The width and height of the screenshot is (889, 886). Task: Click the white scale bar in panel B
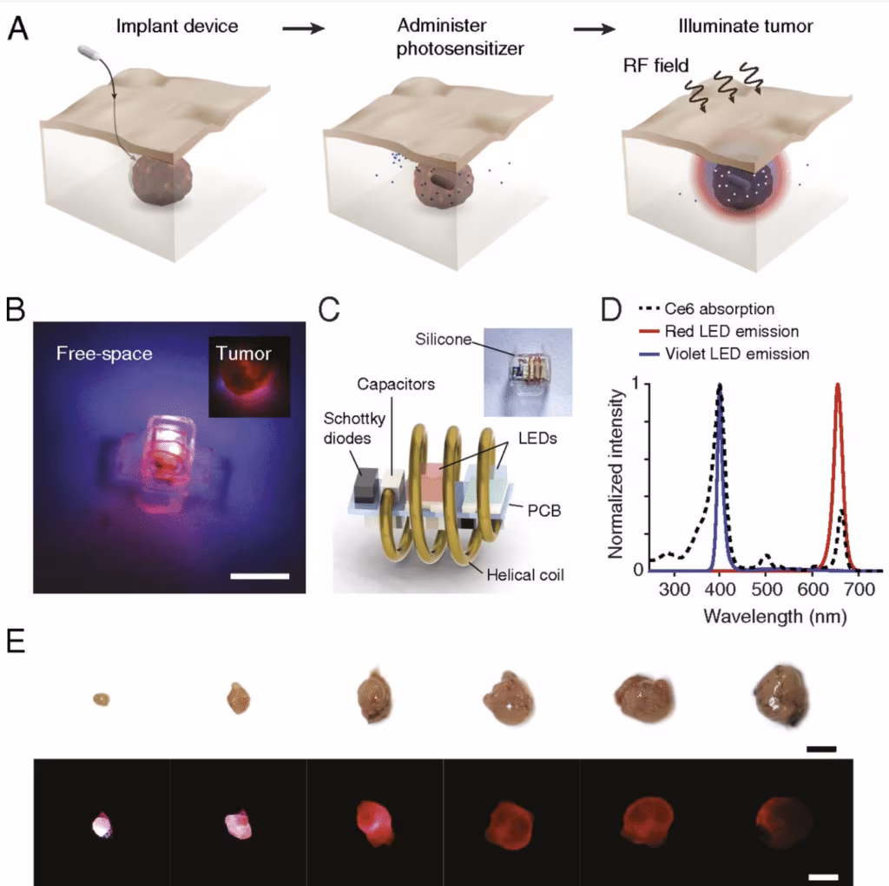point(260,575)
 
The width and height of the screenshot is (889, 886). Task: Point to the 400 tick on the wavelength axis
point(719,592)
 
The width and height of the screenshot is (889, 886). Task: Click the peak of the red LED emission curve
point(838,385)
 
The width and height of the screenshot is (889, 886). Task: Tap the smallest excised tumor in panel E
point(102,699)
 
